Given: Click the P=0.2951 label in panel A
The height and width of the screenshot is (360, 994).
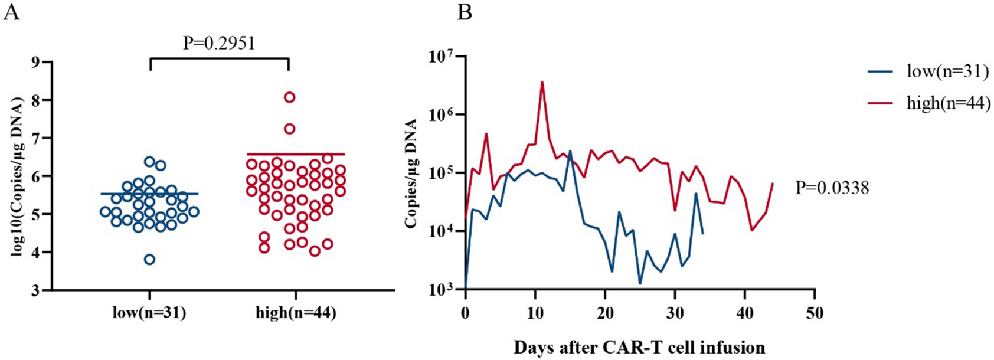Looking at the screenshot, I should tap(219, 43).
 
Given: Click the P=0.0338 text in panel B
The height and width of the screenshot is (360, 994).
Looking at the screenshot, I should tap(832, 188).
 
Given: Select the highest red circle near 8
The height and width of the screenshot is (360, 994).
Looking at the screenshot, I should tap(289, 97).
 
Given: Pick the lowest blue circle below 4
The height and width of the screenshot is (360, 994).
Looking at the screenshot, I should tap(150, 259).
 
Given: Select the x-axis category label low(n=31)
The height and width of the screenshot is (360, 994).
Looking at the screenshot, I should tap(149, 313).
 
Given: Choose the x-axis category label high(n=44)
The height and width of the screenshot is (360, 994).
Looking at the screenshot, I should tap(296, 313).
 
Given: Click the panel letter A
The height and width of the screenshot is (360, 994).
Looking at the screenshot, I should tap(11, 12).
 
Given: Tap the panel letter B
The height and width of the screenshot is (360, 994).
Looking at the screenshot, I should tap(465, 12).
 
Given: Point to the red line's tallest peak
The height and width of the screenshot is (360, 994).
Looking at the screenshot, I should tap(542, 82).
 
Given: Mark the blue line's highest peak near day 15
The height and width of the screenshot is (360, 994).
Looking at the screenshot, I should tap(570, 151).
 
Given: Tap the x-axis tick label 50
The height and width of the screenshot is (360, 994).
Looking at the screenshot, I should tap(815, 313).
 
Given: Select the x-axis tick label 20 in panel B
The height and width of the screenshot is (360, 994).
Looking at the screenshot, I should tap(605, 313).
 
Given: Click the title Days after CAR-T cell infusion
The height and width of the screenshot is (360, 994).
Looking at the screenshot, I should tap(639, 347).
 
